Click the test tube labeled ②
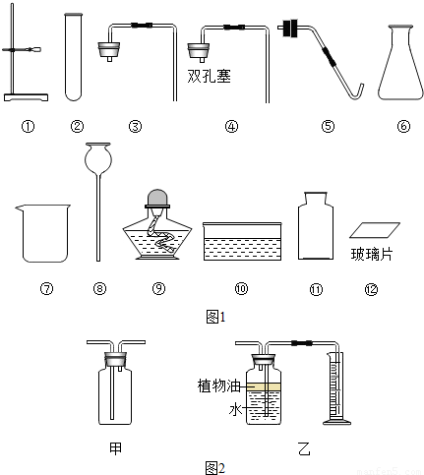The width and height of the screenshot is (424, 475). (74, 56)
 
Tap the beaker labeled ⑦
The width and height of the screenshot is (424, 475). (43, 233)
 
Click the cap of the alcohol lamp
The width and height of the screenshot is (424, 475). (157, 198)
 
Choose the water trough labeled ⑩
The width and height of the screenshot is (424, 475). (242, 241)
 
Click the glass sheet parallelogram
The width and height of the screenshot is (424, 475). (375, 230)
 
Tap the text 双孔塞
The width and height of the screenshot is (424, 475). (209, 76)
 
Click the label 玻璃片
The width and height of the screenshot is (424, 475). (372, 255)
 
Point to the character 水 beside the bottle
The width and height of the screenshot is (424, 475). (235, 410)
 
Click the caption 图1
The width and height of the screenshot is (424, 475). (215, 317)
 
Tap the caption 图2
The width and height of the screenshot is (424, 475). (215, 468)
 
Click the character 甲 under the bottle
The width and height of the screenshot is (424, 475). (115, 448)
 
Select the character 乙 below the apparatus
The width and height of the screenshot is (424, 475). (305, 448)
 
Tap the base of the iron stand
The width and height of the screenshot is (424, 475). (26, 97)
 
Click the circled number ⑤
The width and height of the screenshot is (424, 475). (328, 126)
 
